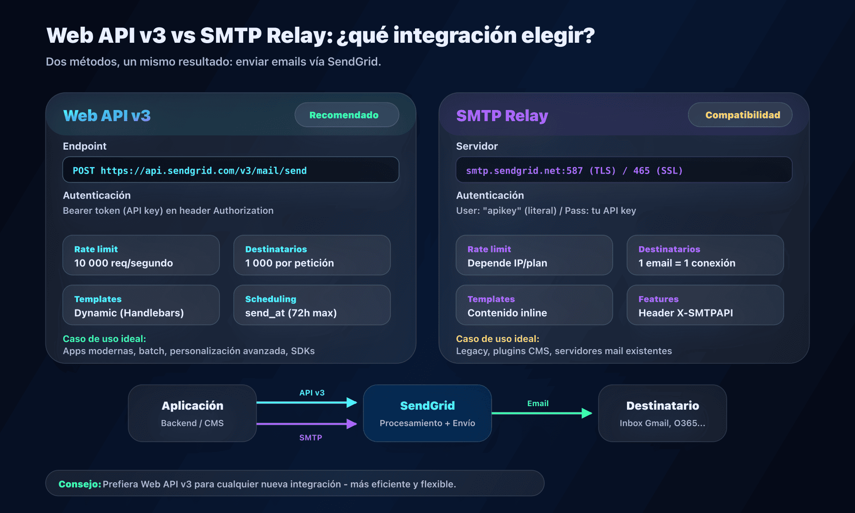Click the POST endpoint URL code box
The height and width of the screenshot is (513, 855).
pyautogui.click(x=231, y=170)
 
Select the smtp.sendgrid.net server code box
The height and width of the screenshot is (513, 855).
pyautogui.click(x=624, y=170)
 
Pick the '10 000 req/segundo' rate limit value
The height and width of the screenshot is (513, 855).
pyautogui.click(x=123, y=263)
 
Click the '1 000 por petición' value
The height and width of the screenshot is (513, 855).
pyautogui.click(x=289, y=263)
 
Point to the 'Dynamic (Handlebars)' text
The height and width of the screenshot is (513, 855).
pyautogui.click(x=129, y=313)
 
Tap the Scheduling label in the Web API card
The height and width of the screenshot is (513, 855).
pyautogui.click(x=271, y=299)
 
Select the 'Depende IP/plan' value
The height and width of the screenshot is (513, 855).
pyautogui.click(x=507, y=263)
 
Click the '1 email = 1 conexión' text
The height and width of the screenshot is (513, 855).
pyautogui.click(x=687, y=263)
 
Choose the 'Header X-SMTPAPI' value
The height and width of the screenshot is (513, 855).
pyautogui.click(x=685, y=313)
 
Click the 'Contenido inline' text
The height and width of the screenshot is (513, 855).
pyautogui.click(x=507, y=313)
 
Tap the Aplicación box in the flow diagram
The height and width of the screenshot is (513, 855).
pyautogui.click(x=192, y=413)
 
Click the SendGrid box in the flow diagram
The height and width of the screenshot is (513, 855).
pyautogui.click(x=427, y=413)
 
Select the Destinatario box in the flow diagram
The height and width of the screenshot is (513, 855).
pyautogui.click(x=662, y=413)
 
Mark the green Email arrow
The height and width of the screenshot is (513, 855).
pyautogui.click(x=541, y=413)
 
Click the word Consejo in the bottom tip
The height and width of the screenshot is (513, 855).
pyautogui.click(x=80, y=484)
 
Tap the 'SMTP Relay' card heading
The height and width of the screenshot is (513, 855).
pyautogui.click(x=502, y=116)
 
